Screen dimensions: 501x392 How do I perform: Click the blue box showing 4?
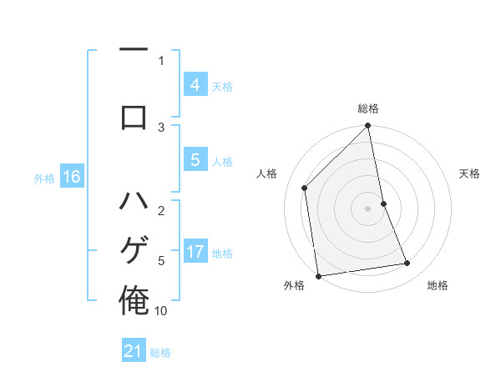(x=195, y=85)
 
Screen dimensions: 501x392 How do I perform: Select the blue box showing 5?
(x=195, y=160)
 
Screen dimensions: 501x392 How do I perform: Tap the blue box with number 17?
(x=195, y=252)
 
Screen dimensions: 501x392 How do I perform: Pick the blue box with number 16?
(x=71, y=177)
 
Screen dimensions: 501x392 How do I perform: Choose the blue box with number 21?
(x=134, y=351)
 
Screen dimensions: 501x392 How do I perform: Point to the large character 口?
(x=134, y=116)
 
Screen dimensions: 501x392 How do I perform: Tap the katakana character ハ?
(x=134, y=202)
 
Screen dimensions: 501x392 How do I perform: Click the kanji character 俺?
(x=134, y=299)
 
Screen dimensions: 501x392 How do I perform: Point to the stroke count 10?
(x=161, y=310)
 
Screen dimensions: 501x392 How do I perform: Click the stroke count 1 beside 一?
(x=161, y=60)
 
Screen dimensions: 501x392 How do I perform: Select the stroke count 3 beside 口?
(x=161, y=127)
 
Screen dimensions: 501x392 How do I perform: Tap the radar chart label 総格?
(x=367, y=108)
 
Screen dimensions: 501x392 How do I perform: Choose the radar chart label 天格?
(x=470, y=173)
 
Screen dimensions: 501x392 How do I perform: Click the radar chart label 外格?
(x=294, y=285)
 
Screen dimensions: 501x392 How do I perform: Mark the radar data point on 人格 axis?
(x=305, y=188)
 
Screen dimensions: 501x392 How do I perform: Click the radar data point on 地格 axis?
(x=407, y=264)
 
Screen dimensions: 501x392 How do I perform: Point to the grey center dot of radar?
(x=367, y=208)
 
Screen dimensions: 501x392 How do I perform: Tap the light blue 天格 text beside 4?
(x=222, y=86)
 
